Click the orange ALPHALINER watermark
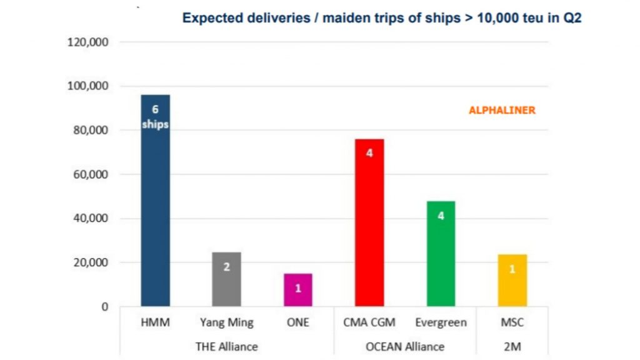point(502,111)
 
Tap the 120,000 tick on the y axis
point(88,42)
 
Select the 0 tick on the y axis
point(105,307)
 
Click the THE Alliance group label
point(226,346)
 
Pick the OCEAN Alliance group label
point(405,346)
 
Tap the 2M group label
point(512,346)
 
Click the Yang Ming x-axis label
point(226,323)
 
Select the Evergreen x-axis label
point(441,323)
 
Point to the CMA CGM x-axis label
point(369,323)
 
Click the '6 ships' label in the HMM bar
point(155,117)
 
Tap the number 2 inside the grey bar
point(226,267)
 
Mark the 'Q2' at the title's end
point(571,18)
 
